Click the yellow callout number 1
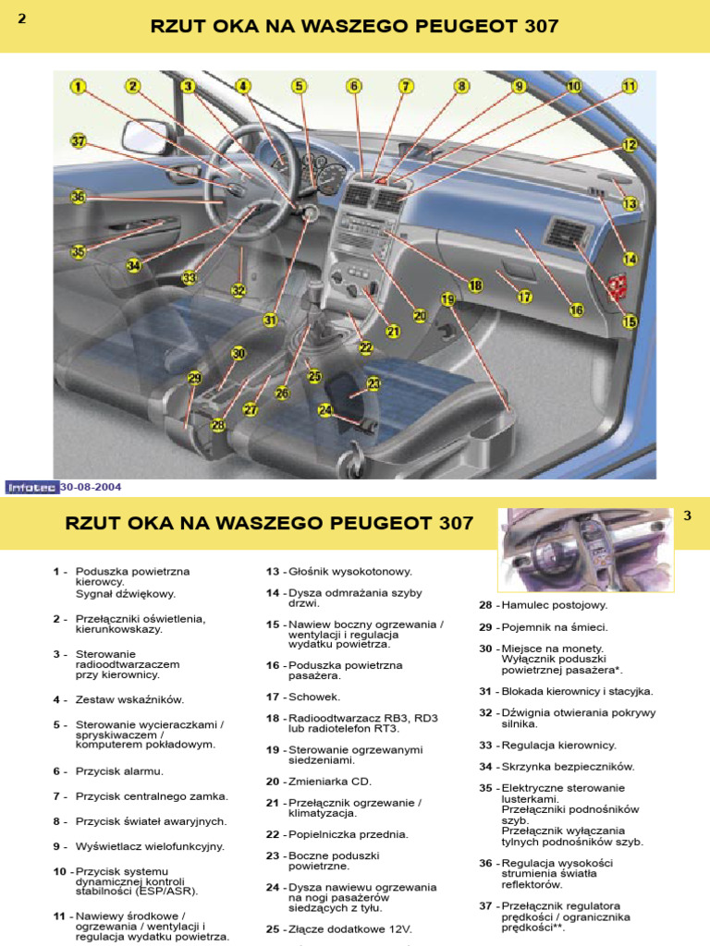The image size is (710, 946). [78, 87]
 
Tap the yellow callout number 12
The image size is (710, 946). [630, 145]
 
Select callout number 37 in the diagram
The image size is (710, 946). [79, 141]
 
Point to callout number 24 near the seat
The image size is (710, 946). [325, 410]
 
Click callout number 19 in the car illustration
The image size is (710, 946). [448, 299]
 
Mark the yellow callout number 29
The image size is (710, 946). [194, 378]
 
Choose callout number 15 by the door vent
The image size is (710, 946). [630, 322]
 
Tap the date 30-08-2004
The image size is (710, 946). [92, 487]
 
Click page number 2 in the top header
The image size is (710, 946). [21, 21]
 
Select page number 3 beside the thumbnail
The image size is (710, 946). [687, 515]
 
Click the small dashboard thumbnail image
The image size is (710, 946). [585, 550]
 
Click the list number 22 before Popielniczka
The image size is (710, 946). [273, 834]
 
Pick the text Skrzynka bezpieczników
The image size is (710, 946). [581, 766]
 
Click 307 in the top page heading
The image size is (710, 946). [540, 26]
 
